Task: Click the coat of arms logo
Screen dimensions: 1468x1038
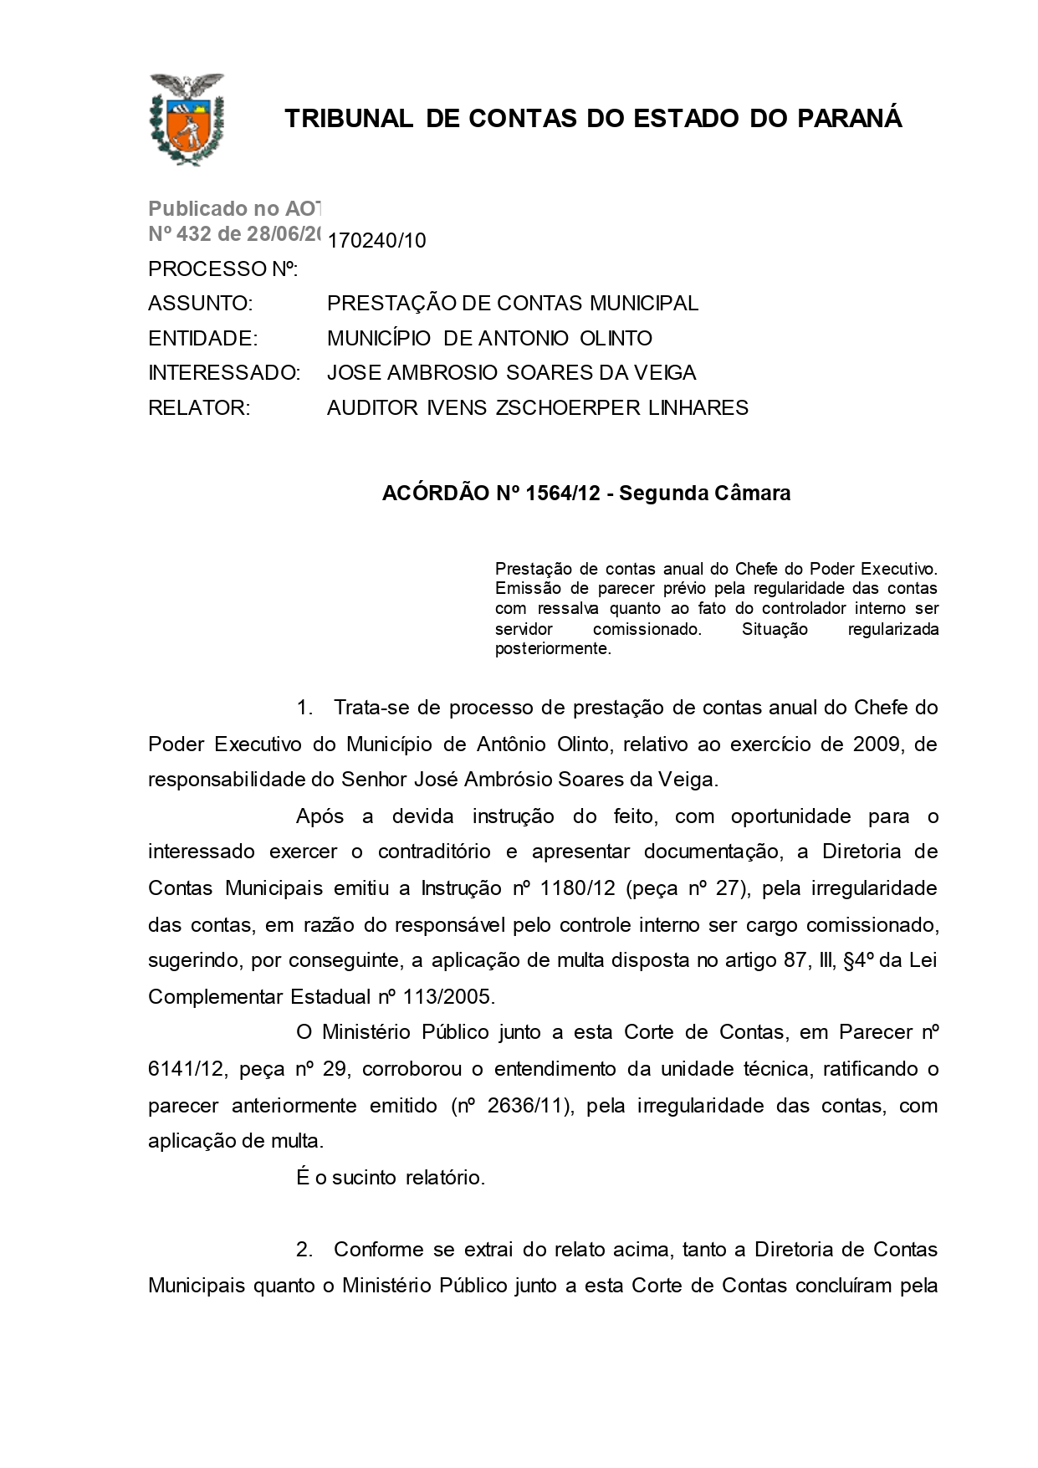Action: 186,119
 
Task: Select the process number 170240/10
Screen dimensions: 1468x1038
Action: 376,241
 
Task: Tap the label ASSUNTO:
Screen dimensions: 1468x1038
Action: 200,303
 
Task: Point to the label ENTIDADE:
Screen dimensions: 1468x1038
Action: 202,338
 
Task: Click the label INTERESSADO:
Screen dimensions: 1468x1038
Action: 223,373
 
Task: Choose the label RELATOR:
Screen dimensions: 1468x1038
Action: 199,408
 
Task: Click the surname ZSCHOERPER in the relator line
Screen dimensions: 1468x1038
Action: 567,408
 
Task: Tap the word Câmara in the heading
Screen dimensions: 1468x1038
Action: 752,494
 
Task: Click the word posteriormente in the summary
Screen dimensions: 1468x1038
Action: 553,649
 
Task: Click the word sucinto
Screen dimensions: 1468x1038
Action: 364,1178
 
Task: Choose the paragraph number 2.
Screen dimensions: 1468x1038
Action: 304,1250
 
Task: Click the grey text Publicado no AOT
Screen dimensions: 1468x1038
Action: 235,209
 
